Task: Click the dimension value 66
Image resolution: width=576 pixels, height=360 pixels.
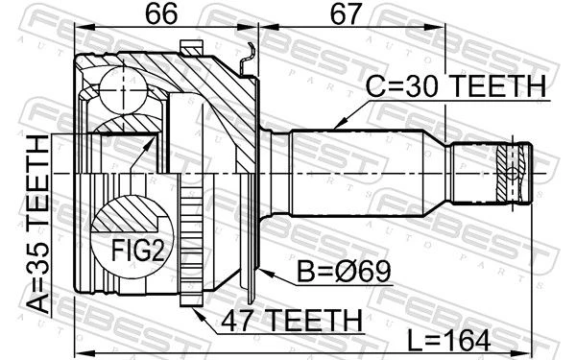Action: click(161, 13)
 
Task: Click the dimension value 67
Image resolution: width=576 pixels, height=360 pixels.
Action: click(346, 13)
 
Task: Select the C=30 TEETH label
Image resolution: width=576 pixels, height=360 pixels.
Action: click(456, 86)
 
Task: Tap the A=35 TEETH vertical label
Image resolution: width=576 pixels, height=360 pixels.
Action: click(38, 225)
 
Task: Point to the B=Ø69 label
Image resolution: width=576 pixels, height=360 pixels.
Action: click(344, 272)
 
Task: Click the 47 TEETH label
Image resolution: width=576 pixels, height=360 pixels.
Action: click(292, 321)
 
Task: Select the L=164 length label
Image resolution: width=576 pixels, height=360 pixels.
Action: click(449, 341)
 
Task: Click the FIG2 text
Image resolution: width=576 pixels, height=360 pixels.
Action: click(137, 251)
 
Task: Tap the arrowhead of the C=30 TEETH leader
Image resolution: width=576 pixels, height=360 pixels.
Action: click(340, 124)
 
